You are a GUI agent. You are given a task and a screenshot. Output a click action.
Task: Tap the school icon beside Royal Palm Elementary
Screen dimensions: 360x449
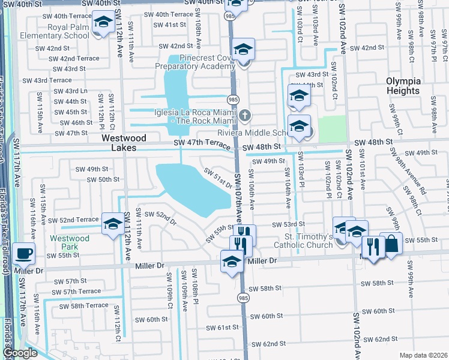point(103,23)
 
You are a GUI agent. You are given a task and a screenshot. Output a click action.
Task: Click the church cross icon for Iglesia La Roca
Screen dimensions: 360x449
point(244,115)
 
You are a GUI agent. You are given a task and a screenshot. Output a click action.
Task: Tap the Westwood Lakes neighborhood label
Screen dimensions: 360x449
point(115,142)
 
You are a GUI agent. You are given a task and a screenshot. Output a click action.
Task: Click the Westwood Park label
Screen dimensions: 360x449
point(70,242)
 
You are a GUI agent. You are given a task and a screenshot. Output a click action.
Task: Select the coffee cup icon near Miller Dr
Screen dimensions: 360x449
point(23,254)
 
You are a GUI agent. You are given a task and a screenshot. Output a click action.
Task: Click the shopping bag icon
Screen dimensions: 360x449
point(391,244)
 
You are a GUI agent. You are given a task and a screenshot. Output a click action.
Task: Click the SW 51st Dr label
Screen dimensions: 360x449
point(217,178)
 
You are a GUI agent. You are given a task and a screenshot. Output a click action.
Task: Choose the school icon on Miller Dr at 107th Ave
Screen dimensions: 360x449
point(232,261)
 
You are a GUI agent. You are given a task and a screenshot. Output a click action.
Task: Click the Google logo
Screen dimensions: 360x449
point(20,353)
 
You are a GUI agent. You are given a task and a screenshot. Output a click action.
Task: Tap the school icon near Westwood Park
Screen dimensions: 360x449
point(112,224)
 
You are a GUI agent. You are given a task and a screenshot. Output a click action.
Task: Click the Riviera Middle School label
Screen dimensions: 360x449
point(253,133)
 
